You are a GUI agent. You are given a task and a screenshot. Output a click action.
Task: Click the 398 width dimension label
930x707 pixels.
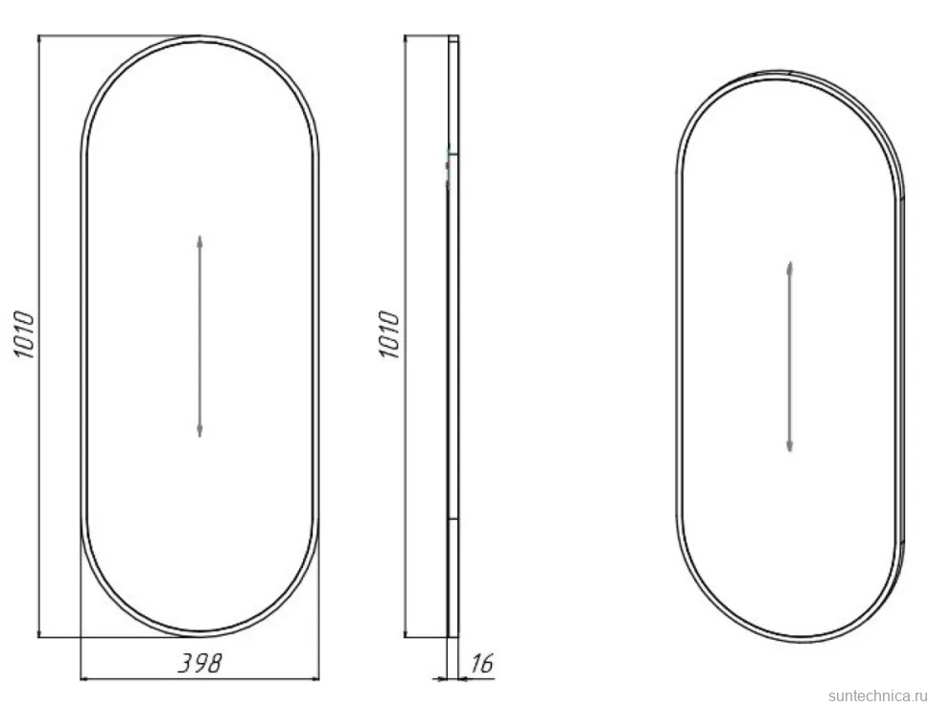pos(200,663)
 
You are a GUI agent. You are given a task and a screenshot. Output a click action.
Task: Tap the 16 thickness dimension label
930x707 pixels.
pos(481,663)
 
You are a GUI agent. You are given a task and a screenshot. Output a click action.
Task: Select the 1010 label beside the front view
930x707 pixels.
pos(24,334)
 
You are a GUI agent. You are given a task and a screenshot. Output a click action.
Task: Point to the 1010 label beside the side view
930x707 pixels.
pos(389,335)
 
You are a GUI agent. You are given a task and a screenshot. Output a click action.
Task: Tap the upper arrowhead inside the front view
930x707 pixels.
pos(200,241)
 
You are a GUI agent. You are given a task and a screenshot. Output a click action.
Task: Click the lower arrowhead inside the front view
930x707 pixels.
pos(200,431)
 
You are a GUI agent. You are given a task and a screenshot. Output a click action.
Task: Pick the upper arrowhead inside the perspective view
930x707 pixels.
pos(789,267)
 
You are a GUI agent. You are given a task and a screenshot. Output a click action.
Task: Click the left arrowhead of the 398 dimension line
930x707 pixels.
pos(86,678)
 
